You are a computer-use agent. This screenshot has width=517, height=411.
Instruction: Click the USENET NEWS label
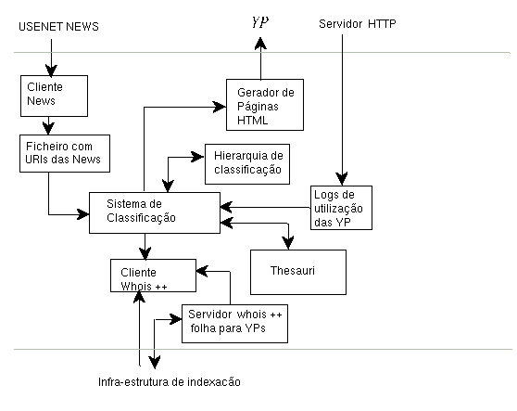pos(58,26)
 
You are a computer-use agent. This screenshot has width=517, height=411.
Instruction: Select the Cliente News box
pos(54,96)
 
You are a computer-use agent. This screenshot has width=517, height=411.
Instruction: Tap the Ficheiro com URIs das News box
pos(65,153)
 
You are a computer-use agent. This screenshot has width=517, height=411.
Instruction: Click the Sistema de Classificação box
pos(155,212)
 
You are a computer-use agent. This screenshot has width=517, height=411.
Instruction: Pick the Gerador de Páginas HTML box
pos(265,105)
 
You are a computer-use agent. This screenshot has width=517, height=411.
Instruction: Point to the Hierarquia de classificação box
pos(247,163)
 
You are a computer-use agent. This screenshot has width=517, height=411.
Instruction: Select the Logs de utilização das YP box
pos(341,208)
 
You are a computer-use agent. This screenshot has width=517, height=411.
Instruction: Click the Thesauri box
pos(298,272)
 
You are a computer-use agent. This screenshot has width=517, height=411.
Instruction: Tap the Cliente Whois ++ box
pos(153,276)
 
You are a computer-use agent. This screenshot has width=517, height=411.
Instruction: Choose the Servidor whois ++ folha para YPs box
pos(234,324)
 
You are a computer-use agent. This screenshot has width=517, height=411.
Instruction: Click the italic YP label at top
pos(260,22)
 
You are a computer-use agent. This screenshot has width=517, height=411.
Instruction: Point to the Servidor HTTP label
pos(358,24)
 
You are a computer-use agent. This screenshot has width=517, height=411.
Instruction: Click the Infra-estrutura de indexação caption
pos(170,382)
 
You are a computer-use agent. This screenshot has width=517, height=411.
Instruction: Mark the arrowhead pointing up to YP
pos(260,44)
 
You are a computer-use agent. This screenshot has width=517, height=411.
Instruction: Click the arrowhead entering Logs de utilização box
pos(342,179)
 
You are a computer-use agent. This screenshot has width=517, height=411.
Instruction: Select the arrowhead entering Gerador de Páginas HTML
pos(220,107)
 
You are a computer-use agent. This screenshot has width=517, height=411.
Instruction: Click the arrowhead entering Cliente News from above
pos(51,70)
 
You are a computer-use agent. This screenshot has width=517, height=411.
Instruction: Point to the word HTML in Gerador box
pos(253,121)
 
